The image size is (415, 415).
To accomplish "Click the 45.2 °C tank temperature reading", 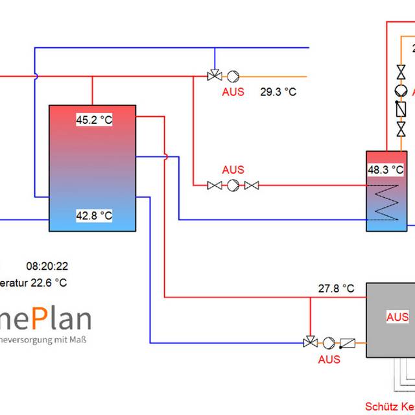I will click(x=94, y=121).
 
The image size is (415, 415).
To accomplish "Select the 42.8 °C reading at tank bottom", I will click(x=94, y=215).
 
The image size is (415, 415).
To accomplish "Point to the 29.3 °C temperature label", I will click(x=278, y=92).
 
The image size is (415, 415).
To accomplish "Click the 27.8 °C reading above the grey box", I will click(x=336, y=288).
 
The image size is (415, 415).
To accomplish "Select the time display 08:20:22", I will click(x=47, y=266).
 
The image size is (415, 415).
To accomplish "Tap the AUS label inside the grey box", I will click(x=397, y=317).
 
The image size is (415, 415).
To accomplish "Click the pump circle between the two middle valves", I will click(x=232, y=185).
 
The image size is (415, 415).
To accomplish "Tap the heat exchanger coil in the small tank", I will click(x=388, y=202).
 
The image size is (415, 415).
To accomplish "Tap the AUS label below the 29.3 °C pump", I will click(x=233, y=92).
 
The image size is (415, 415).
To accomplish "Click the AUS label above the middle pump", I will click(x=233, y=170).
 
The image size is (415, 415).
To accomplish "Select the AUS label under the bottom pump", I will click(x=329, y=359).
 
